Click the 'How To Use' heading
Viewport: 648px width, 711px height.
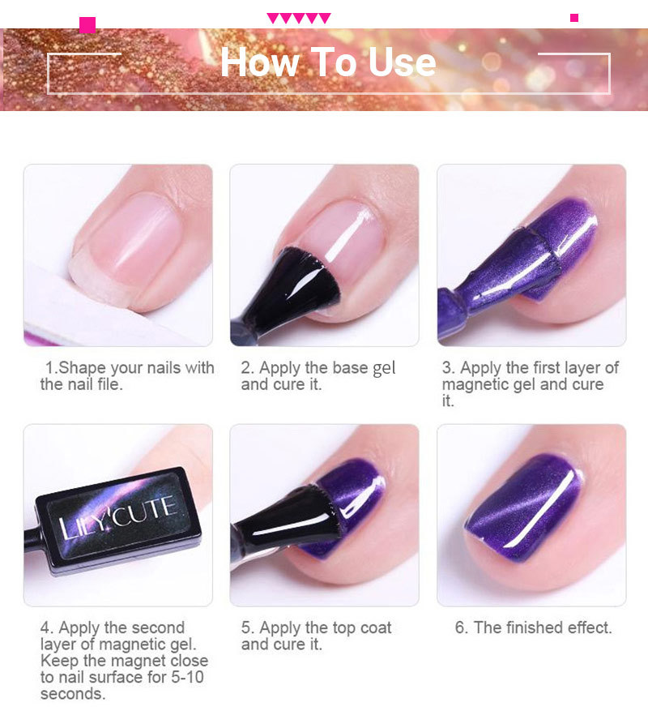click(x=328, y=62)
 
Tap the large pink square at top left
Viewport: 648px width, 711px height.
click(x=87, y=25)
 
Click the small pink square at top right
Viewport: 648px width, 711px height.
click(x=574, y=18)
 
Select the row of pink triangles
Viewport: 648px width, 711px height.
click(x=299, y=18)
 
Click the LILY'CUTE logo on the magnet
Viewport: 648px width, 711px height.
click(x=117, y=517)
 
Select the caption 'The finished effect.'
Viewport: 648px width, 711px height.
click(x=533, y=627)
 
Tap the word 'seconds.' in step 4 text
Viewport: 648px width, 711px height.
click(x=73, y=694)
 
